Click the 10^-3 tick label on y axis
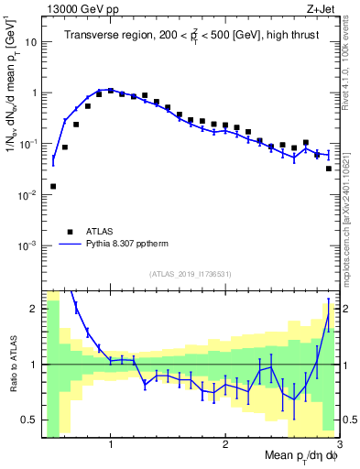point(27,245)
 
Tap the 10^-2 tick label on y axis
point(27,195)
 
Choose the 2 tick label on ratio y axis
point(34,309)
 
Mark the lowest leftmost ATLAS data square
point(53,186)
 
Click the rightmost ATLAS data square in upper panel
point(329,169)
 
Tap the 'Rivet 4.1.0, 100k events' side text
point(350,64)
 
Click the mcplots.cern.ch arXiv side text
point(350,202)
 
